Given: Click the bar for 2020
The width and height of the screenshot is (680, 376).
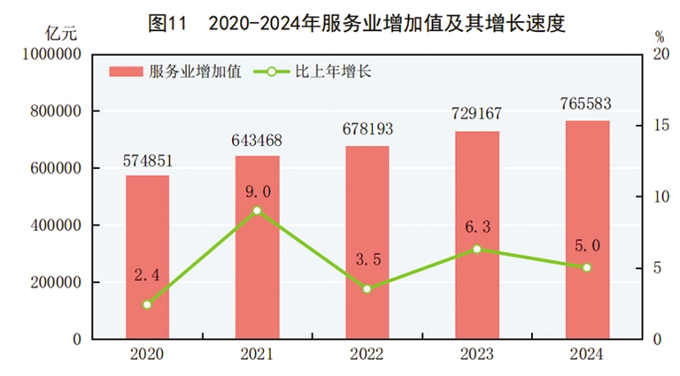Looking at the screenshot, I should [147, 257].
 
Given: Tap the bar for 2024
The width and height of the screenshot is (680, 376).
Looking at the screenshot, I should [586, 229].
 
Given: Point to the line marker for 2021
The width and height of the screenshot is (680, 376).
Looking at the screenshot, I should [257, 211].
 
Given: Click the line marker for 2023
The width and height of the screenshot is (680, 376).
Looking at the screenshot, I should [476, 249].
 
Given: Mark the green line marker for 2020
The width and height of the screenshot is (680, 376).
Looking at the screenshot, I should [147, 304].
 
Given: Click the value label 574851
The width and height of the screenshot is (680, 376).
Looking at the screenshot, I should [147, 161].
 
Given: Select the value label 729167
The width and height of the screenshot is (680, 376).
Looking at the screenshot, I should [476, 117].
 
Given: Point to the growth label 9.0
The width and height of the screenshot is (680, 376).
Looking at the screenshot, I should [257, 191].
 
